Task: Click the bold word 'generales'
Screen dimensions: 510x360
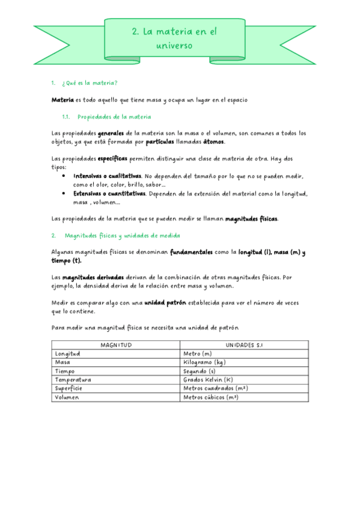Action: [111, 133]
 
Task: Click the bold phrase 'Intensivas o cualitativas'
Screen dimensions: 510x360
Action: [108, 176]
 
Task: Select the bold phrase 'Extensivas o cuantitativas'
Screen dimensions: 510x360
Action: [109, 194]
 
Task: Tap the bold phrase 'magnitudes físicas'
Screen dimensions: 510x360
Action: [252, 219]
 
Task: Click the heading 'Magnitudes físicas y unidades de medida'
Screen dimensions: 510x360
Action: [123, 235]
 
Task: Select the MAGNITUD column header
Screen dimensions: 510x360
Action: [115, 345]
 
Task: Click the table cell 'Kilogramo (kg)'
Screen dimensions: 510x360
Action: [204, 363]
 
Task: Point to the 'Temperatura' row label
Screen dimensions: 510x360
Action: [73, 380]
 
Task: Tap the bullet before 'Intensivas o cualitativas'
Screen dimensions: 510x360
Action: [64, 176]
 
